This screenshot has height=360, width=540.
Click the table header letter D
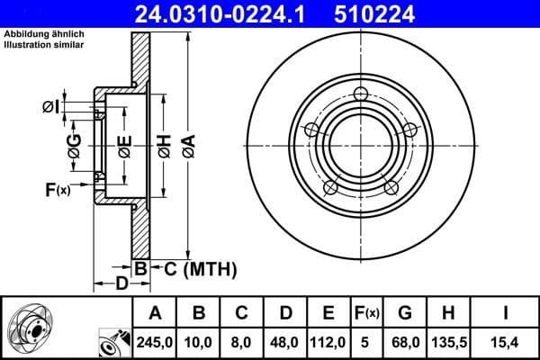point(284,313)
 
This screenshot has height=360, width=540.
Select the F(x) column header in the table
point(366,313)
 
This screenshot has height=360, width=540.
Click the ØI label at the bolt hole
point(53,107)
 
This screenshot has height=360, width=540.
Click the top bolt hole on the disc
point(361,95)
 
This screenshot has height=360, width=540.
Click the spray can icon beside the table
point(111,342)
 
